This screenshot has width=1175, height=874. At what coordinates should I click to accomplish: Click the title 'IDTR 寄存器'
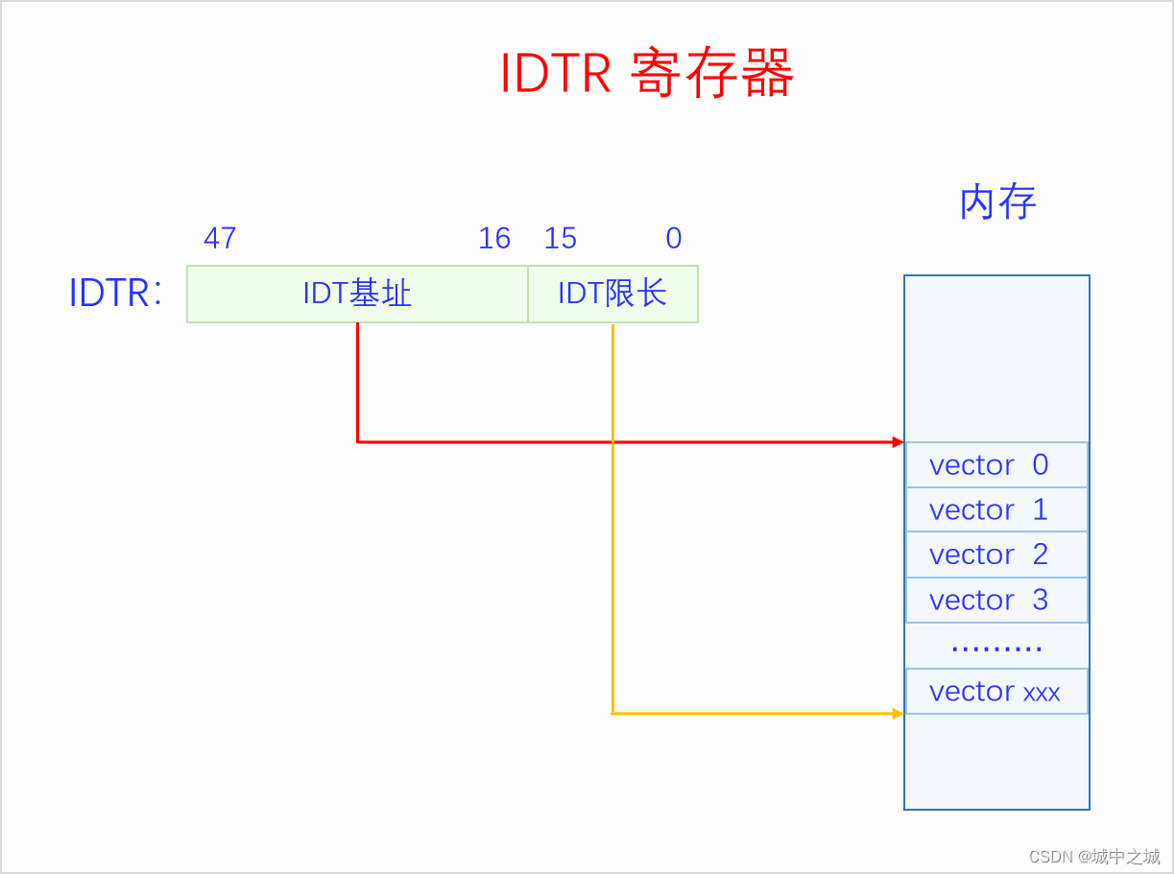tap(646, 74)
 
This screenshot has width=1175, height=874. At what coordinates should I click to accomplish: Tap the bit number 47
tap(220, 238)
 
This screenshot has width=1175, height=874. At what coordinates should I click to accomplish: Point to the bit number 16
tap(494, 238)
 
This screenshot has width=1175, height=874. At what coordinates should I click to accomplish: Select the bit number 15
tap(561, 238)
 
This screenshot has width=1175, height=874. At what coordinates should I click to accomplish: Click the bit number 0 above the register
tap(674, 238)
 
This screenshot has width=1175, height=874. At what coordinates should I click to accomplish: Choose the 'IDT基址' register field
tap(357, 294)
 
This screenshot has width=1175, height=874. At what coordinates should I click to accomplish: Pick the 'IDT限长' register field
tap(612, 294)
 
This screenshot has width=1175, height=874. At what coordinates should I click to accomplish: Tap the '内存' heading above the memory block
tap(997, 202)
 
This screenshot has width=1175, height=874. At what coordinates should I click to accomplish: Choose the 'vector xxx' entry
tap(995, 691)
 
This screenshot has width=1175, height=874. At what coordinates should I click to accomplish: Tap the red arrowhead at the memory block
tap(898, 442)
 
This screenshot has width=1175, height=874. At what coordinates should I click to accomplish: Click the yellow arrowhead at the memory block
tap(898, 713)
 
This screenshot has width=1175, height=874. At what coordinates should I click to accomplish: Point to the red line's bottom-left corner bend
tap(358, 442)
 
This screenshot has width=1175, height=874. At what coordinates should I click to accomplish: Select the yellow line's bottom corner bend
tap(612, 713)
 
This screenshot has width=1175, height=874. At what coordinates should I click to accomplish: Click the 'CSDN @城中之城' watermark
tap(1093, 856)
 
